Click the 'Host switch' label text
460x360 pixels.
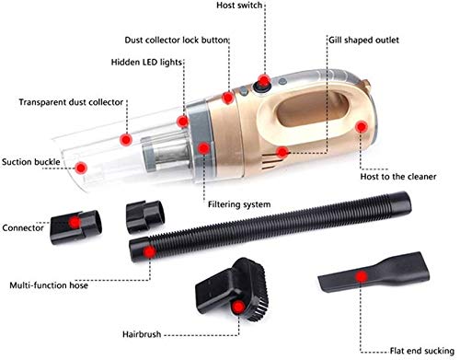point(239,6)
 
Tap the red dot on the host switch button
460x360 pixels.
point(264,81)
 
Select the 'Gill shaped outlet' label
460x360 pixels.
point(363,41)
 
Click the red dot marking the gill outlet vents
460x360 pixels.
point(282,152)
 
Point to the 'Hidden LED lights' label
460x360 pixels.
point(146,63)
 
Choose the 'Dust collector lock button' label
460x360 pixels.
point(177,41)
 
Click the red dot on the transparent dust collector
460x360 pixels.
point(126,140)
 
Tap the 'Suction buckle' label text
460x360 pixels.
point(31,162)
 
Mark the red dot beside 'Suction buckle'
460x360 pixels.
point(81,168)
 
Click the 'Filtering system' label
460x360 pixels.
point(239,204)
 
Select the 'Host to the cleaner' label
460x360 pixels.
point(398,177)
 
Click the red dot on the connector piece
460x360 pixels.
point(75,223)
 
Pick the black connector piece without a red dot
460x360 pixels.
point(145,216)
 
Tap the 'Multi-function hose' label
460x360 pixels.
point(49,285)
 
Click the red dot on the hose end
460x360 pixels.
point(149,252)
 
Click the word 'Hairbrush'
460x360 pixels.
point(142,334)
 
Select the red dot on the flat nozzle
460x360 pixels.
point(362,276)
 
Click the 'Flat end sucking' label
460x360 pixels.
point(422,351)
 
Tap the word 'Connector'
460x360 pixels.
point(23,227)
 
